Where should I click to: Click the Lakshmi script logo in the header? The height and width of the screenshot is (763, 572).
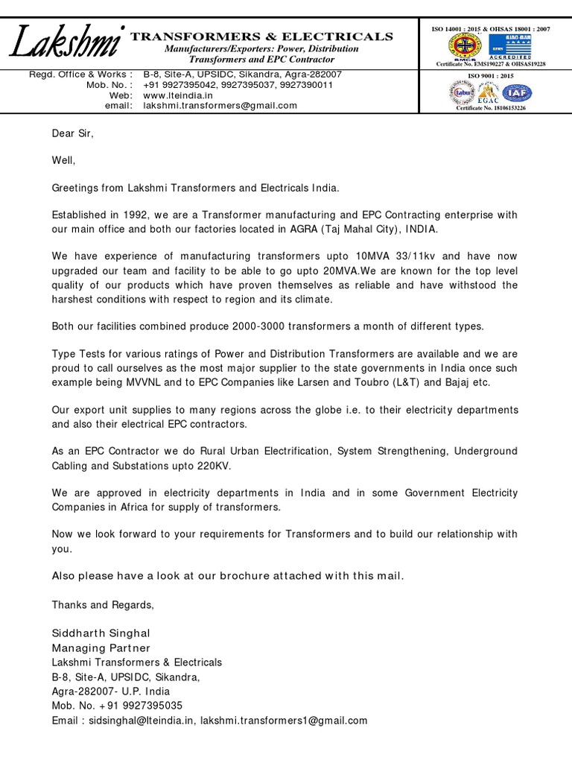[66, 44]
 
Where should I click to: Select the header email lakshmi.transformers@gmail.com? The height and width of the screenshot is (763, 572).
[220, 106]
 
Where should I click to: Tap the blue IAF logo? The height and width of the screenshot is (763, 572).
[516, 93]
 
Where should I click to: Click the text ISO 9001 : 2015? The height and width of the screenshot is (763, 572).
[491, 76]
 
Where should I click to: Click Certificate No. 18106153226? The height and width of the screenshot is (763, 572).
[491, 108]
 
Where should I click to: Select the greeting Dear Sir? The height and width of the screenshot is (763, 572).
[73, 133]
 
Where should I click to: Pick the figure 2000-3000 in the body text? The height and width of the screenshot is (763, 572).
[255, 326]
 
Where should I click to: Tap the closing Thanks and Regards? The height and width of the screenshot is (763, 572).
[103, 604]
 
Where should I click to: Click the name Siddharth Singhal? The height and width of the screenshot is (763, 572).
[101, 633]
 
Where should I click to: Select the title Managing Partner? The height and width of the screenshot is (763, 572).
[101, 648]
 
